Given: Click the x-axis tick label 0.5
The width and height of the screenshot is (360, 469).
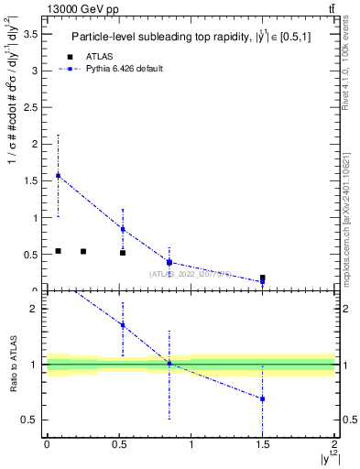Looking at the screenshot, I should (119, 446).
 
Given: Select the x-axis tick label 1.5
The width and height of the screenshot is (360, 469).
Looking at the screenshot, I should (263, 446).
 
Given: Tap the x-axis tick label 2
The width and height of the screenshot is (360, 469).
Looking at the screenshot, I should (335, 446).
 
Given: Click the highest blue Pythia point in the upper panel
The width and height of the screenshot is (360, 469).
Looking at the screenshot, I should (58, 175).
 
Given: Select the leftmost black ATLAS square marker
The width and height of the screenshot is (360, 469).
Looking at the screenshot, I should (58, 250).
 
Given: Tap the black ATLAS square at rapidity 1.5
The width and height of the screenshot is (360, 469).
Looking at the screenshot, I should (263, 278).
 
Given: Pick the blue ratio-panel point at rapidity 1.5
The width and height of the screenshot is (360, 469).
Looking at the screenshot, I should (263, 398).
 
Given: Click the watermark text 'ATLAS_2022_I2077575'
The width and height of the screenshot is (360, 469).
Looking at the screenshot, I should (190, 273).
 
